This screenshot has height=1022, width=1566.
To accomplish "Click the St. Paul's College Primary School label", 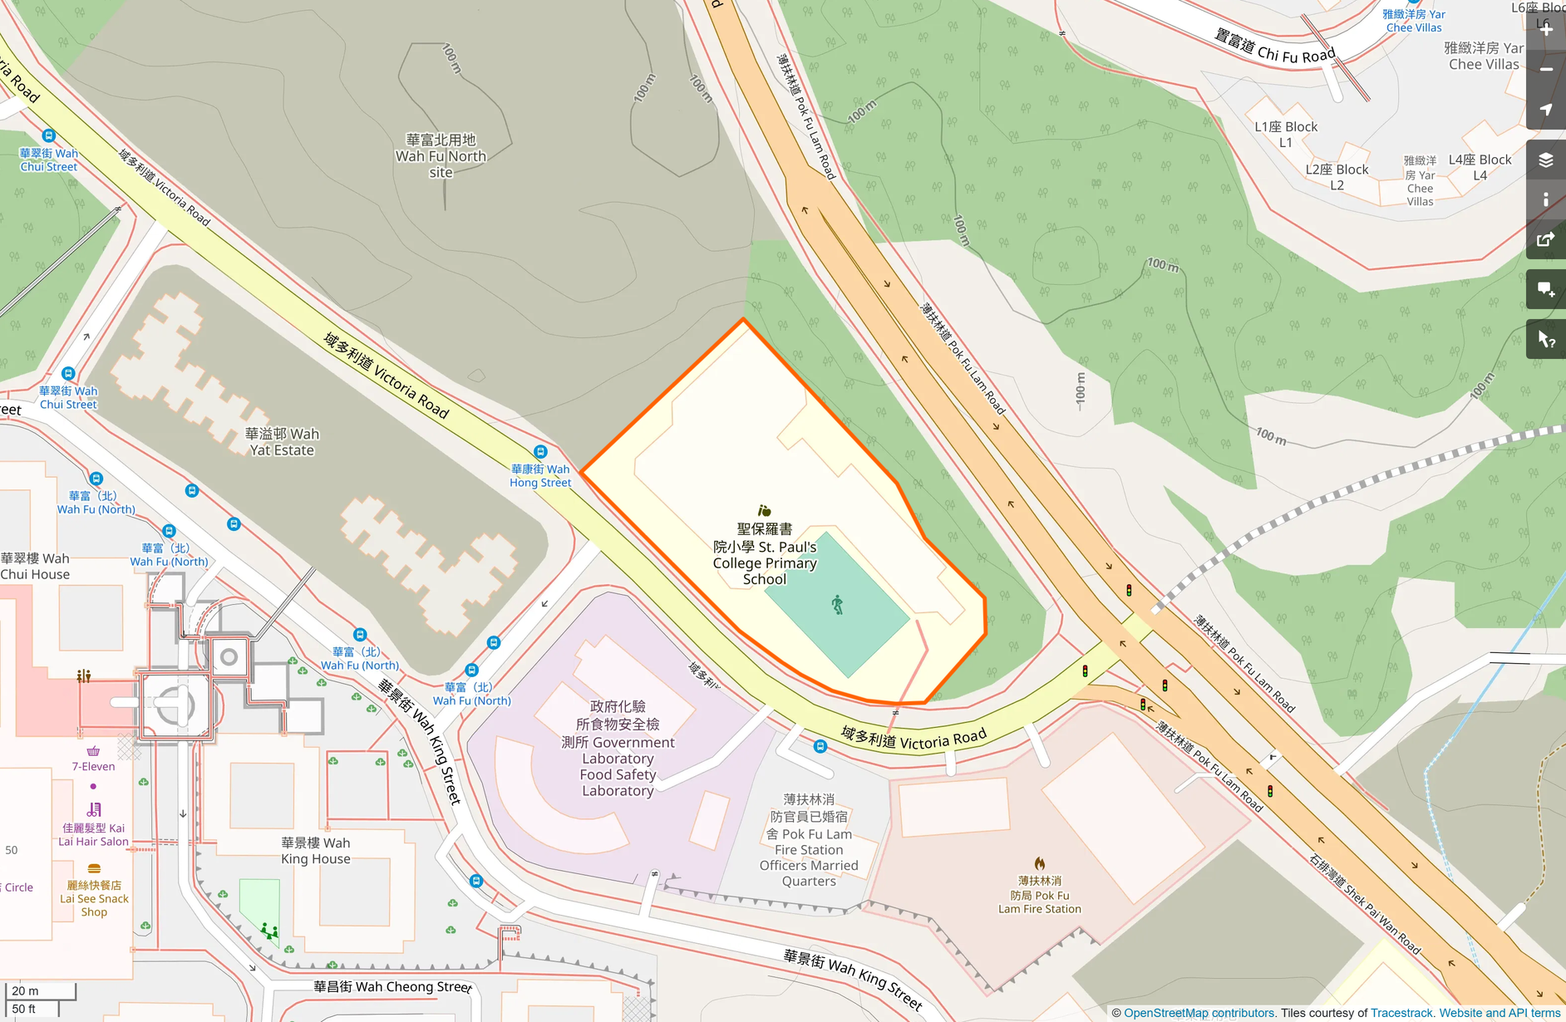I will point(765,554).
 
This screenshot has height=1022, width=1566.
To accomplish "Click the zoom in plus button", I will point(1546,29).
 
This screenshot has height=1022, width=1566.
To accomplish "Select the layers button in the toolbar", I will point(1546,160).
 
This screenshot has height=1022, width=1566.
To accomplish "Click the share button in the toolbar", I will point(1546,240).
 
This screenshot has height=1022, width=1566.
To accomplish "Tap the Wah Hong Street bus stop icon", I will point(540,452).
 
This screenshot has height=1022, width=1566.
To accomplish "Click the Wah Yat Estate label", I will point(282,442).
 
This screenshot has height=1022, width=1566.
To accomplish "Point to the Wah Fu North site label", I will point(441,156).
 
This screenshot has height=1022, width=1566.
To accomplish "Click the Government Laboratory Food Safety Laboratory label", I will point(618,749).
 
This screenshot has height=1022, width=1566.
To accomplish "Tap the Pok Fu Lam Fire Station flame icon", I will point(1039,864).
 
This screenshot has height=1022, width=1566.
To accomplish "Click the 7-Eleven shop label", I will point(93,766).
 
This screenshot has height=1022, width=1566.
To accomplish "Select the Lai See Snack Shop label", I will point(94,898).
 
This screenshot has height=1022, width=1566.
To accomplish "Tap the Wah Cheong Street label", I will point(392,987).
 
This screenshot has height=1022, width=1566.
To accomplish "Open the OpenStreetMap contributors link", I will point(1199,1013).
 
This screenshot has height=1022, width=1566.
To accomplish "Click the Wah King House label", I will point(315,851).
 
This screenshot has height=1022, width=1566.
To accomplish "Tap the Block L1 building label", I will point(1286,134).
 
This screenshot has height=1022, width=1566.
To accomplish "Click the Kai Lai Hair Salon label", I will point(93,834).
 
